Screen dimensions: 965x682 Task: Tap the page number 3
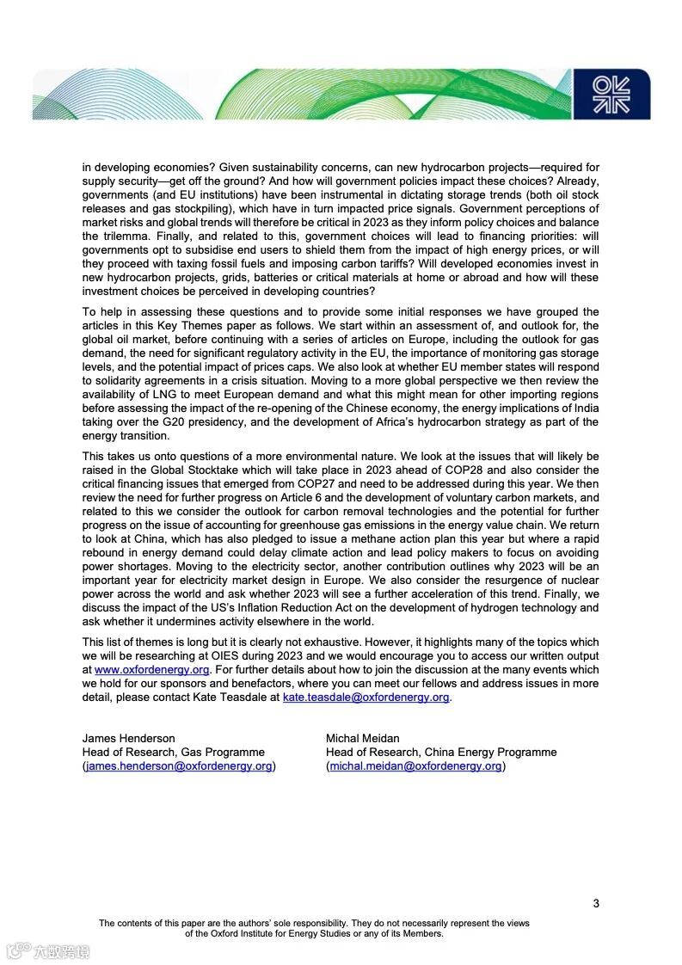pos(596,903)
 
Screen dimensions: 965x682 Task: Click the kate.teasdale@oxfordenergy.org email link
pos(366,697)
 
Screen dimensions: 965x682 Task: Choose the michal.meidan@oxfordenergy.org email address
pos(415,765)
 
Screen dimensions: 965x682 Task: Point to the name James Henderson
pos(128,738)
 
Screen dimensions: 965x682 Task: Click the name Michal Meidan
pos(363,738)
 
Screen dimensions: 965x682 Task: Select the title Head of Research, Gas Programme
pos(173,752)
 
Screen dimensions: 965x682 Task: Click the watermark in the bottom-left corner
pos(49,951)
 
